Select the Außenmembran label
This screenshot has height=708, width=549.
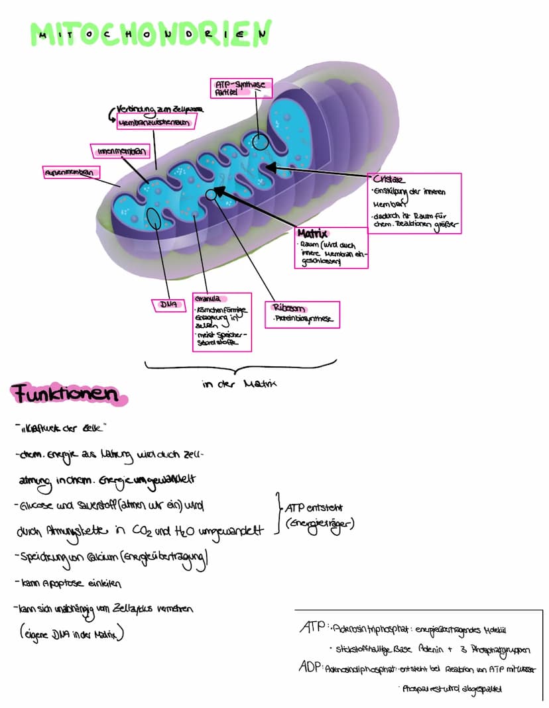pyautogui.click(x=70, y=172)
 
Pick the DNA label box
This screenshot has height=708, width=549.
pyautogui.click(x=167, y=304)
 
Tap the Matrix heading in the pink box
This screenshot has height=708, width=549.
pyautogui.click(x=314, y=234)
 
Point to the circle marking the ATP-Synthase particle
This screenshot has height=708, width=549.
pyautogui.click(x=260, y=141)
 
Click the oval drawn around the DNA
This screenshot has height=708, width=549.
pyautogui.click(x=154, y=218)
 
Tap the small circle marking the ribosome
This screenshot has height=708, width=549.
pyautogui.click(x=212, y=194)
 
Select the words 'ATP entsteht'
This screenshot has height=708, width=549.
pyautogui.click(x=314, y=508)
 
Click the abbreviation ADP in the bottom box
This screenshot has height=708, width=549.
pyautogui.click(x=310, y=668)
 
